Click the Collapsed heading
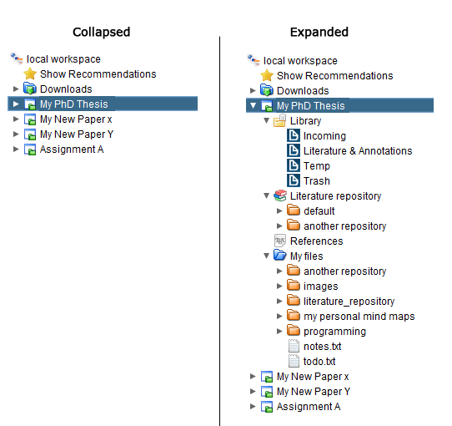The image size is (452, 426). click(x=101, y=32)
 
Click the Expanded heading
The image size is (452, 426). click(x=319, y=32)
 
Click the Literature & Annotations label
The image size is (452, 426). click(x=358, y=150)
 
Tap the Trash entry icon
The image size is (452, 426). click(x=294, y=180)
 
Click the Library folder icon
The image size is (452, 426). click(x=279, y=121)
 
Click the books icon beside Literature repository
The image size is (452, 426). click(x=280, y=195)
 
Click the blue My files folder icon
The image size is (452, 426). click(x=279, y=255)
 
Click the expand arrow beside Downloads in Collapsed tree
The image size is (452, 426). click(x=16, y=89)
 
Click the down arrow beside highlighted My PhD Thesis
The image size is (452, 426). click(x=253, y=105)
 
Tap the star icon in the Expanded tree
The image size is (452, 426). click(x=267, y=75)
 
